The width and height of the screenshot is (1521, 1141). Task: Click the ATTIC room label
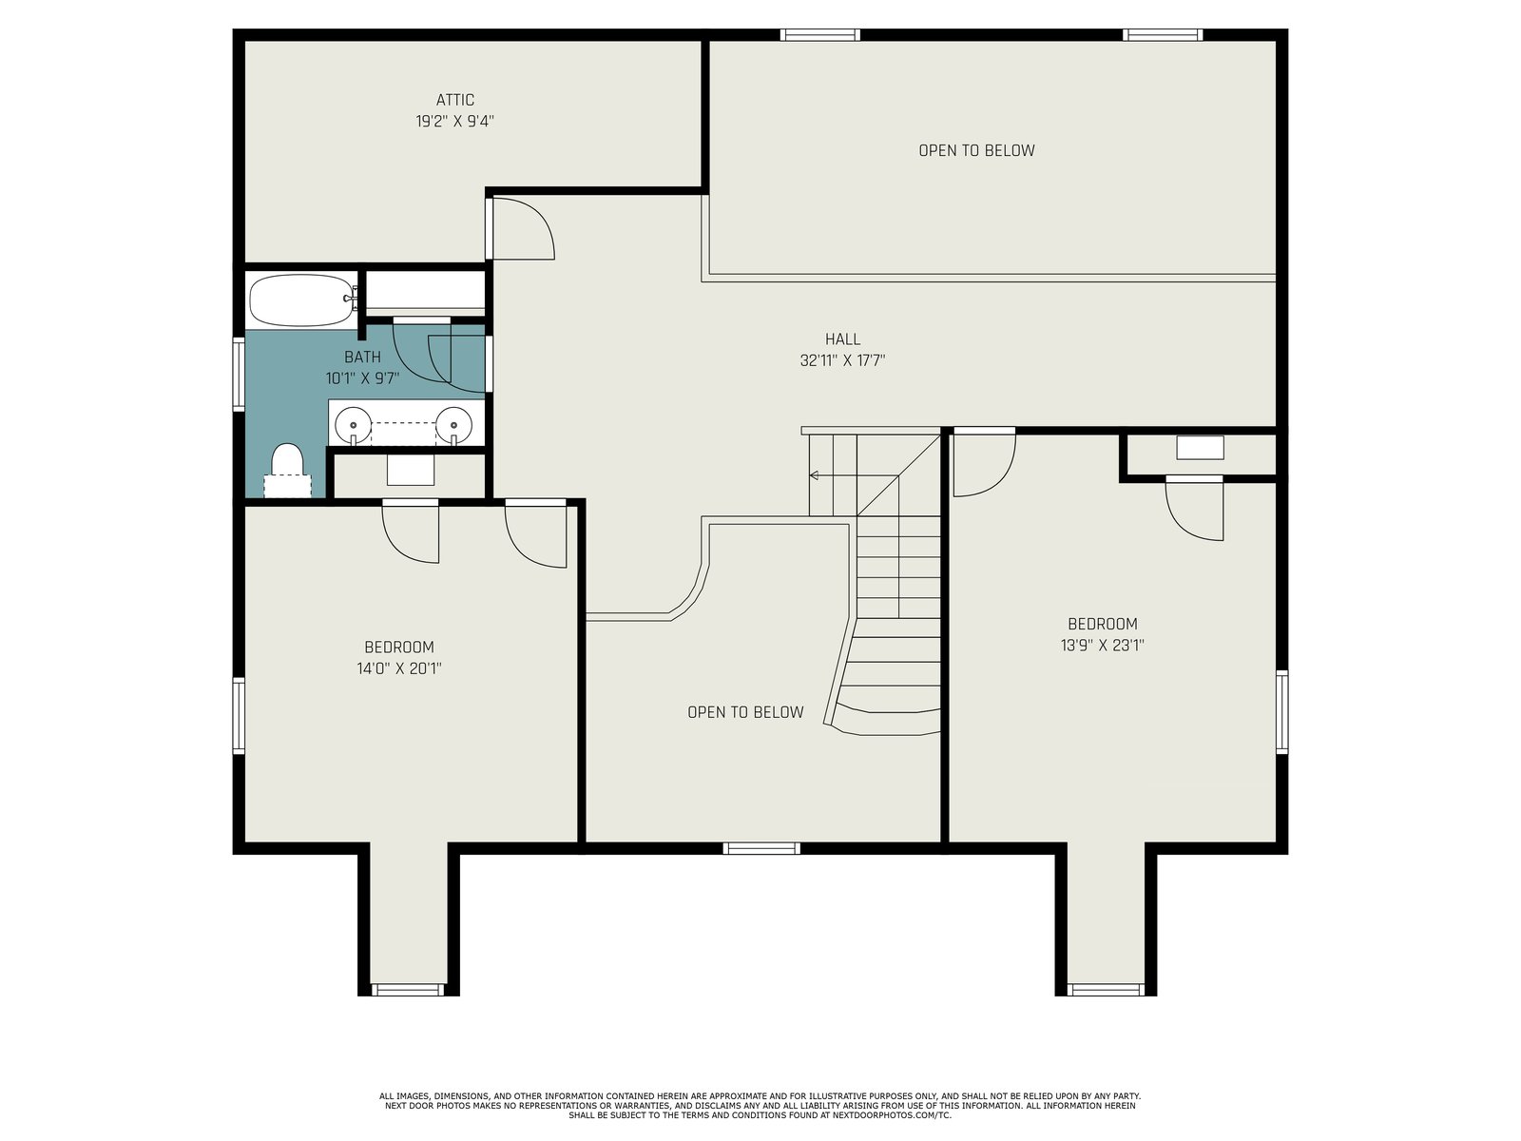coord(454,100)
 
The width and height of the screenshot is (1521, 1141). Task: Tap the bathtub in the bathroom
coord(303,300)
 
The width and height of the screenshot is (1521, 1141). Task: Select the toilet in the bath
coord(288,469)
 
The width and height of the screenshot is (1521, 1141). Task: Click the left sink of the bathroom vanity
coord(354,424)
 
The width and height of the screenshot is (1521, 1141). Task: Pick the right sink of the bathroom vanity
coord(453,424)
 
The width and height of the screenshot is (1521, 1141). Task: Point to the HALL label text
coord(842,338)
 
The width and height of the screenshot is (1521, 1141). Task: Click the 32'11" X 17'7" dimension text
coord(842,360)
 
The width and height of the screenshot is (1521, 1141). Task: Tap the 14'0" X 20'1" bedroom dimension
coord(399,668)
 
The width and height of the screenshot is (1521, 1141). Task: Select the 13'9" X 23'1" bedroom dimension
coord(1102,645)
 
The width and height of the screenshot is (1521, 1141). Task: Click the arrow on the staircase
coord(854,475)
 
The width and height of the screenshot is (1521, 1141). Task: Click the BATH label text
coord(362,357)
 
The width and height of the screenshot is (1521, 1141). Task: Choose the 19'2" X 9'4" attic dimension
coord(454,122)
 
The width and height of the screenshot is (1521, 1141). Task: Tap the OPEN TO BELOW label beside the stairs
coord(745,712)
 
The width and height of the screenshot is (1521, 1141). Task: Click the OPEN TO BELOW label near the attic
coord(976,150)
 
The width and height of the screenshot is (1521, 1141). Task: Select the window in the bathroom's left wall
coord(239,374)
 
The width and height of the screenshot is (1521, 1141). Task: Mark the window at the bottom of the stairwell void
coord(761,848)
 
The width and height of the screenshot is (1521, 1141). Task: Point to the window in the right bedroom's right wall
coord(1282,711)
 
